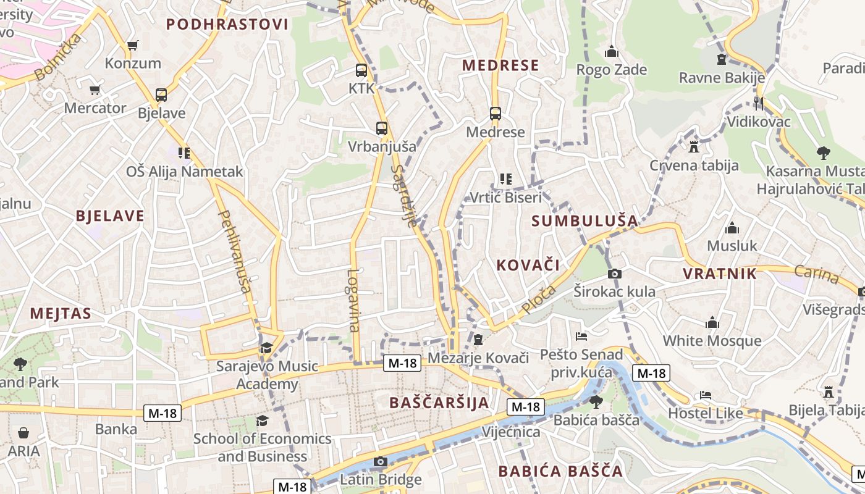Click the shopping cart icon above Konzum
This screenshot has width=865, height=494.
pos(132,45)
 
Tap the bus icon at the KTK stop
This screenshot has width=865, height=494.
pos(361,71)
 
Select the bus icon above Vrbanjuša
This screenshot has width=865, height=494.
pos(382,128)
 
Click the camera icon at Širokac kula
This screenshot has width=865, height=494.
pos(614,274)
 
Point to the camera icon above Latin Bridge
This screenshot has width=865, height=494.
pos(381,461)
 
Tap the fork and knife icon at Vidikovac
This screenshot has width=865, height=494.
pos(759,104)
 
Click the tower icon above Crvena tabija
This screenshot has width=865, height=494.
pos(693,147)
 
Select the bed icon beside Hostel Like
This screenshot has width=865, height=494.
pos(706,395)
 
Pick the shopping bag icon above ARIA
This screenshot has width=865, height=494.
pos(23,433)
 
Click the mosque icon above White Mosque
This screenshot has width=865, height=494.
pos(712,322)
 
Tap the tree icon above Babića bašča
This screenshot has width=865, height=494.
pos(596,402)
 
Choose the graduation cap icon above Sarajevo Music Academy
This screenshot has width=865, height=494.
pos(266,348)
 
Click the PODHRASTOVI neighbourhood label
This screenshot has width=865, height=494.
pos(227,25)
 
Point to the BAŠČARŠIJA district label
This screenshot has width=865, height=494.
pos(439,403)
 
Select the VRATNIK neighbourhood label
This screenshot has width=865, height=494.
pos(720,274)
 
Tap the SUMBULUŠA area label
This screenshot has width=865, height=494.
pos(584,220)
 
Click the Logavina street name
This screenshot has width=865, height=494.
pos(353,300)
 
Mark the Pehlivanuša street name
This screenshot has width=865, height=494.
pos(235,251)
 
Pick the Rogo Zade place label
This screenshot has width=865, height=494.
pos(611,70)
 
